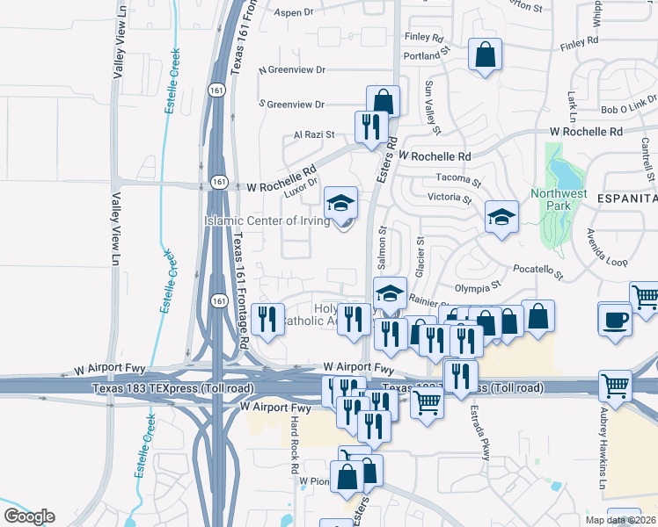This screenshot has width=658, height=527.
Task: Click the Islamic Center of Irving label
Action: [267, 220]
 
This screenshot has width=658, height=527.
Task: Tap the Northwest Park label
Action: [559, 199]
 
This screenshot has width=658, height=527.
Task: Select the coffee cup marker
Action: [614, 319]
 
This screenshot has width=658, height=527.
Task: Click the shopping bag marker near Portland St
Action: [485, 55]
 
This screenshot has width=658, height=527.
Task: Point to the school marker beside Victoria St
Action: [501, 216]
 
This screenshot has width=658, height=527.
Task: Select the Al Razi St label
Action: [314, 134]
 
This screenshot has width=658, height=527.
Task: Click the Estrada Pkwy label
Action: [485, 435]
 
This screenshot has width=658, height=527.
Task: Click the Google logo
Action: [29, 516]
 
